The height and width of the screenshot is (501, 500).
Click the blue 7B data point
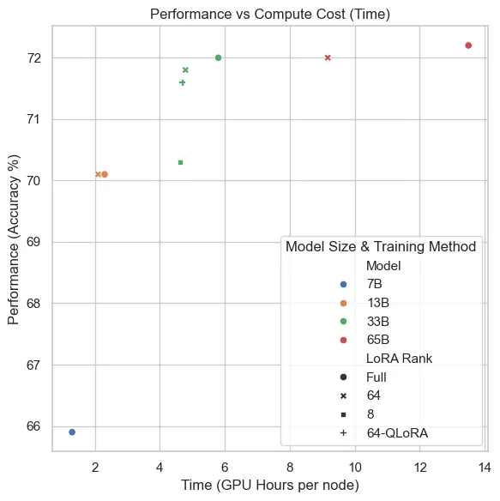tap(72, 432)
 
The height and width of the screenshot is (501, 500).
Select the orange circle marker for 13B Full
tap(105, 174)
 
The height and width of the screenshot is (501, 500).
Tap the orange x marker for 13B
tap(98, 174)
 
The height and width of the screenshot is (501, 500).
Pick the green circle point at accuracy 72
tap(218, 57)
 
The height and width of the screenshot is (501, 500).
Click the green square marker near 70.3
tap(180, 162)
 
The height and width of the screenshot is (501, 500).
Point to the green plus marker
tap(182, 82)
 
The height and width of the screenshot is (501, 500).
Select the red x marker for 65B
tap(328, 57)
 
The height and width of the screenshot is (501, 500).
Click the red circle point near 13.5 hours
tap(468, 45)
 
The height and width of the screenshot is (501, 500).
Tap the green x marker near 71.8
tap(185, 69)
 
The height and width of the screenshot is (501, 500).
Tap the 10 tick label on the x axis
tap(354, 467)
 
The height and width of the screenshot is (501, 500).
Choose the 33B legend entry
tap(378, 321)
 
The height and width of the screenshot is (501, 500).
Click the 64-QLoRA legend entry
tap(397, 432)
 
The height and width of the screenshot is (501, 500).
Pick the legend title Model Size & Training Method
tap(380, 246)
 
